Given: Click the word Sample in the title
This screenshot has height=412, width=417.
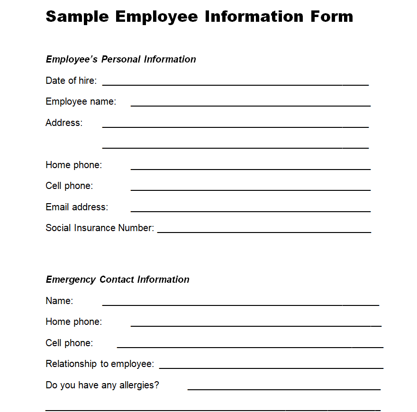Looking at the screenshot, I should (77, 17).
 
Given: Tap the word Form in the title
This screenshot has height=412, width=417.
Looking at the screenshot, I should (332, 17).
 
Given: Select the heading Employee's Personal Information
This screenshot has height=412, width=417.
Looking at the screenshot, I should (121, 59).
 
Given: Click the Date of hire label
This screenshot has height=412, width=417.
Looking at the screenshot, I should (71, 81).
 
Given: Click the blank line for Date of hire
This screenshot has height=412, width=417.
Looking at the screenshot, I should (236, 84).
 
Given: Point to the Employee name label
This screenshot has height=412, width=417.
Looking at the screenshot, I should (81, 101).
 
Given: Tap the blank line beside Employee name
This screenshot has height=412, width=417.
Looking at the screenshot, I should (250, 105).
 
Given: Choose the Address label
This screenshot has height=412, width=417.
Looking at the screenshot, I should (64, 123).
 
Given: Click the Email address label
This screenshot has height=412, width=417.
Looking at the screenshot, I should (77, 207).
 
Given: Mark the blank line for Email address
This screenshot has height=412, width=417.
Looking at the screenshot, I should (250, 210).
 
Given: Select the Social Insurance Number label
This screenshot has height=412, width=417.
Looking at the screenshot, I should (100, 228).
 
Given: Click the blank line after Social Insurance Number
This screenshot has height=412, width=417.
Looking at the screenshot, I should (264, 231).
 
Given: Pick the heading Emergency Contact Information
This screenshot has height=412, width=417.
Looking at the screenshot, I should (118, 279).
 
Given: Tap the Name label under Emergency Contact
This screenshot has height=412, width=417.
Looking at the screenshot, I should (59, 301).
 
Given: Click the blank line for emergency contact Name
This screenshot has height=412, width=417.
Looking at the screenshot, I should (241, 304).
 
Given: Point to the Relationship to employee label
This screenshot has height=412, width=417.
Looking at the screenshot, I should (100, 364).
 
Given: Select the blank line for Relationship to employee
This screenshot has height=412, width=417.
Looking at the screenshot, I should (271, 367).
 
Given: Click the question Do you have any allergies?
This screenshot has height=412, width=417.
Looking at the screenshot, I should (102, 385).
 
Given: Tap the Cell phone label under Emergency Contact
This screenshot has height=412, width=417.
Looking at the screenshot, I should (69, 343).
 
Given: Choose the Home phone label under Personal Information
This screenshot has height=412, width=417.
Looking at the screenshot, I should (73, 165).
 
